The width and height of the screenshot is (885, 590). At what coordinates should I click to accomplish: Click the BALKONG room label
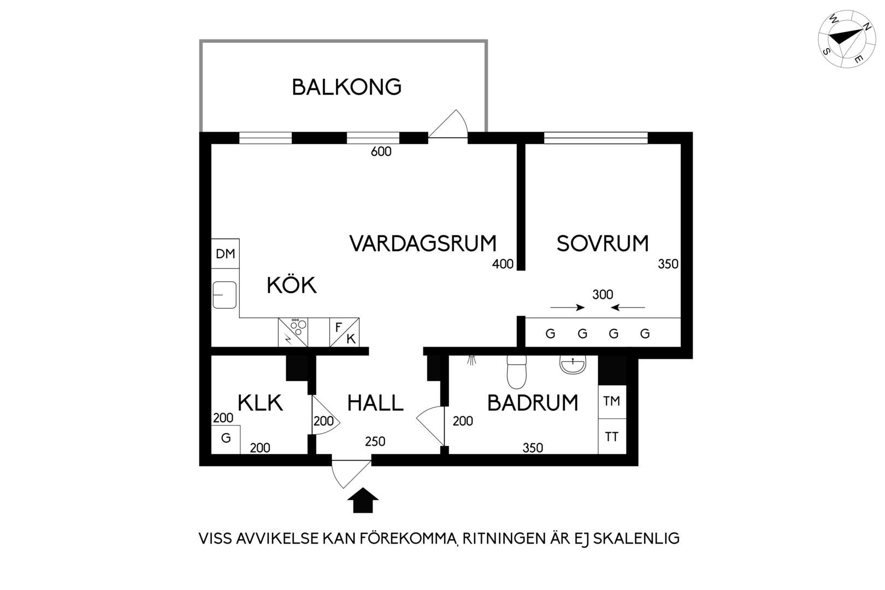346,87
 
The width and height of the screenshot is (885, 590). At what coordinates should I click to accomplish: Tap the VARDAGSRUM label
423,243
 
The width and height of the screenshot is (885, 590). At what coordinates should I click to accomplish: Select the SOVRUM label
603,243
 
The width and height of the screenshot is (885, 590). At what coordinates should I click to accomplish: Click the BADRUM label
533,403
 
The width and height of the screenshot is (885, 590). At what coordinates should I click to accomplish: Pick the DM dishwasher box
226,253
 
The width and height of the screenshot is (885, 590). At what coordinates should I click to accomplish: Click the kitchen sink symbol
225,295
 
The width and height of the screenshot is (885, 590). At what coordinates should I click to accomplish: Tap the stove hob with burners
293,332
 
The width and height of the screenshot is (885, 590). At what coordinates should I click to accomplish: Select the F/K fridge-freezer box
345,332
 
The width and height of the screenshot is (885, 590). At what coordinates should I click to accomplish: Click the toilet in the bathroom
517,372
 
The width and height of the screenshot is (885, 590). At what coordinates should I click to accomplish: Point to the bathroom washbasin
573,364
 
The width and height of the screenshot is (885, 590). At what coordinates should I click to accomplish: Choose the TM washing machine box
612,402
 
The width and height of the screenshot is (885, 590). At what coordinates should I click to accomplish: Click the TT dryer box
612,436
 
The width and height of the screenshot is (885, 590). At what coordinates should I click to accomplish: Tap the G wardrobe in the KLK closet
226,439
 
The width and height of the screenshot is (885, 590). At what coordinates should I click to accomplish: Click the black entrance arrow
363,500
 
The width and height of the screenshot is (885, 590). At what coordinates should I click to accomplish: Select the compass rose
841,39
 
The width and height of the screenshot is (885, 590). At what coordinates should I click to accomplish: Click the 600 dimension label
381,151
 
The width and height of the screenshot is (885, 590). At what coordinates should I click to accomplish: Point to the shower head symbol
471,360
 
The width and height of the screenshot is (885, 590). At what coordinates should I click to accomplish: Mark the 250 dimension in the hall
375,441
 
